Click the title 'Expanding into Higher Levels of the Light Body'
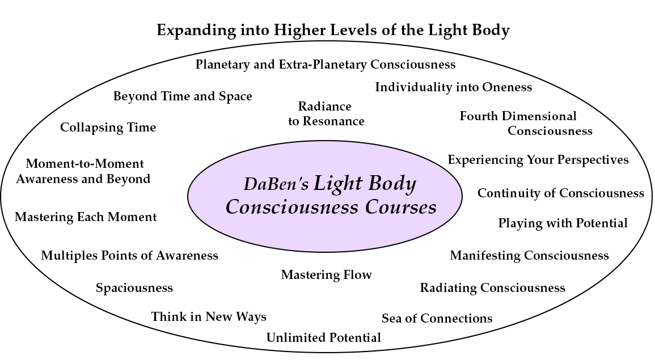pos(333,31)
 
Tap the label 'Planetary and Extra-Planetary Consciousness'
pos(326,64)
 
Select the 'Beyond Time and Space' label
pos(183,96)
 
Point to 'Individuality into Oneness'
pos(453,87)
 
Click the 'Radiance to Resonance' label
pos(326,113)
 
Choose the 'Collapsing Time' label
pos(108,128)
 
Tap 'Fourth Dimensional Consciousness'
pos(526,123)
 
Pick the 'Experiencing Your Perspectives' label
pos(538,160)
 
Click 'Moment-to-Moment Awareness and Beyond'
pos(83,171)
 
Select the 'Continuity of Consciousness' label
pos(561,193)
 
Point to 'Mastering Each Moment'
pos(86,217)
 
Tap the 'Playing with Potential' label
pos(563,223)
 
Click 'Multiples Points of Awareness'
pos(129,255)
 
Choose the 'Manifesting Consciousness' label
pos(529,255)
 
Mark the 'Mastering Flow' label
pos(326,275)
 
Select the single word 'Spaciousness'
pos(134,288)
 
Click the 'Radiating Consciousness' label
pos(492,288)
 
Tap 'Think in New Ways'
pos(209,316)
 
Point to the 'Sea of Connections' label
pos(437,318)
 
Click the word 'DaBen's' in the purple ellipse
pos(276,184)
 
